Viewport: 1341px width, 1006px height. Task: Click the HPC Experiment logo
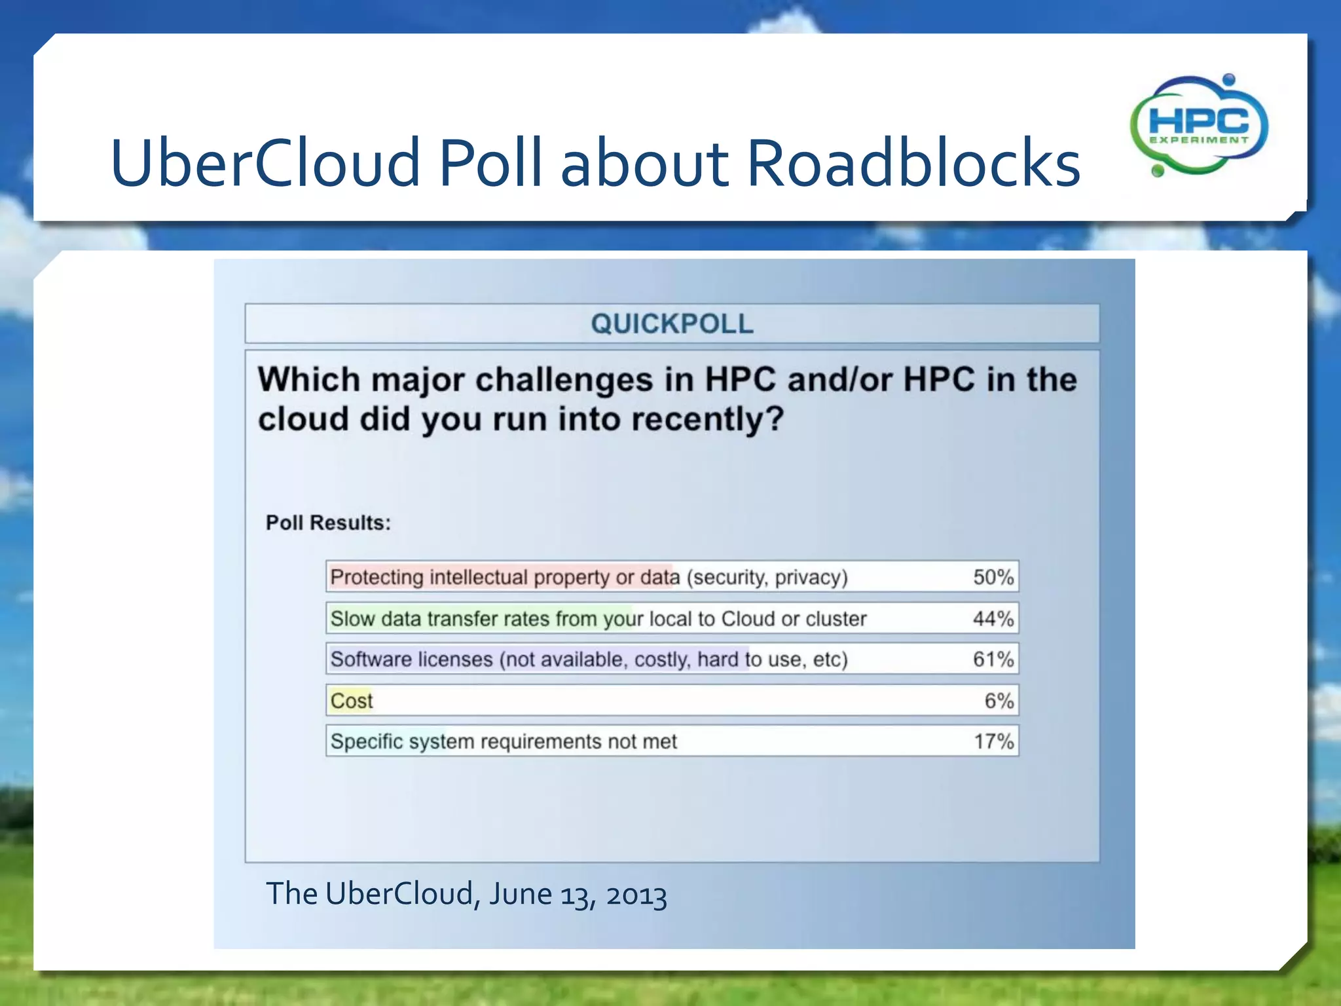coord(1198,125)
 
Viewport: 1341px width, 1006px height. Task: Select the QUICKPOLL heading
coord(672,324)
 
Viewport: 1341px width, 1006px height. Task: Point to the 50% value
coord(993,577)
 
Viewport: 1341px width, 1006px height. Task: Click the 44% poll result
coord(993,618)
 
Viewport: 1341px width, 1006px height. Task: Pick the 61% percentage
coord(993,659)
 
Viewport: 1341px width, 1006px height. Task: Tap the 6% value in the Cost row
coord(999,700)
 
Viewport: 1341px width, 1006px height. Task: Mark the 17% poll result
coord(993,741)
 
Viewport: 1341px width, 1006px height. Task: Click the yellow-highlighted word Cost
coord(352,700)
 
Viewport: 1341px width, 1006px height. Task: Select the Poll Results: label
coord(328,523)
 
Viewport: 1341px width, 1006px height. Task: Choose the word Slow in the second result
coord(352,618)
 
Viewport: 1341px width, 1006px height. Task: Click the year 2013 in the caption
coord(636,895)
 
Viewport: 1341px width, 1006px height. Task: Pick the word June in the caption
coord(521,895)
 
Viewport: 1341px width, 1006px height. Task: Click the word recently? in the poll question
coord(707,419)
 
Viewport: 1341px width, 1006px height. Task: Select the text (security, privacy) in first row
coord(767,577)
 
